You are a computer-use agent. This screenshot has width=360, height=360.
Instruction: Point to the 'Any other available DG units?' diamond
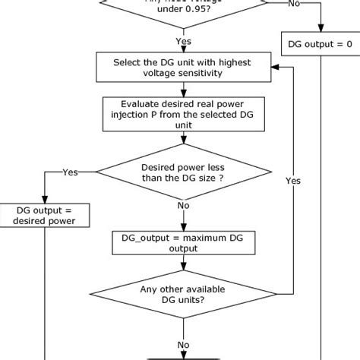click(x=183, y=294)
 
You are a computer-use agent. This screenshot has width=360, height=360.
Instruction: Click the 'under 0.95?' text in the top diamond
click(x=183, y=11)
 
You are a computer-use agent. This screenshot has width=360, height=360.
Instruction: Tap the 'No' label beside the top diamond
click(x=292, y=4)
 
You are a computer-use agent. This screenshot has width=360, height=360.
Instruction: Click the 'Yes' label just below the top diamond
click(x=183, y=41)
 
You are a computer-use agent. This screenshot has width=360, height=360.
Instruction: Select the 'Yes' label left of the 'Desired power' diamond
click(x=70, y=172)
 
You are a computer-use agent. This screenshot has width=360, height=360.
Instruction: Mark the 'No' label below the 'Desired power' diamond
click(x=183, y=205)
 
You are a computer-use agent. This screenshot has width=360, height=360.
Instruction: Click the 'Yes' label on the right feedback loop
click(x=292, y=181)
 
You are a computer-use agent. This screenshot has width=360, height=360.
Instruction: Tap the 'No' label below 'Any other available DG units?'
click(x=183, y=345)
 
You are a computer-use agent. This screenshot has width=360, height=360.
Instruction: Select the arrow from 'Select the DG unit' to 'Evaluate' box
click(x=183, y=88)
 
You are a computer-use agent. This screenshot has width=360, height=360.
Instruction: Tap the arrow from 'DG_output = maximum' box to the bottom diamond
click(x=183, y=265)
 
